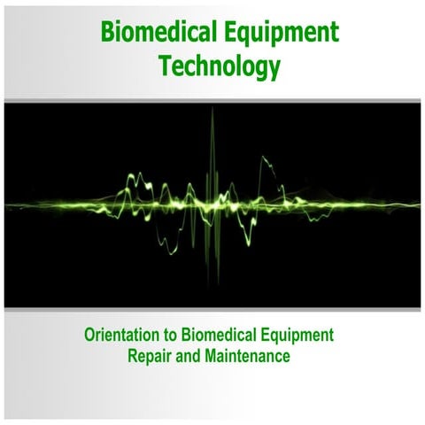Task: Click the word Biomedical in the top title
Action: (156, 34)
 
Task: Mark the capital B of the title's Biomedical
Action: (109, 34)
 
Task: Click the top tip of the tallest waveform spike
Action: (212, 110)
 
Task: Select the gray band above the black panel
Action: (212, 101)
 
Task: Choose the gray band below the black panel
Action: (212, 309)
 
